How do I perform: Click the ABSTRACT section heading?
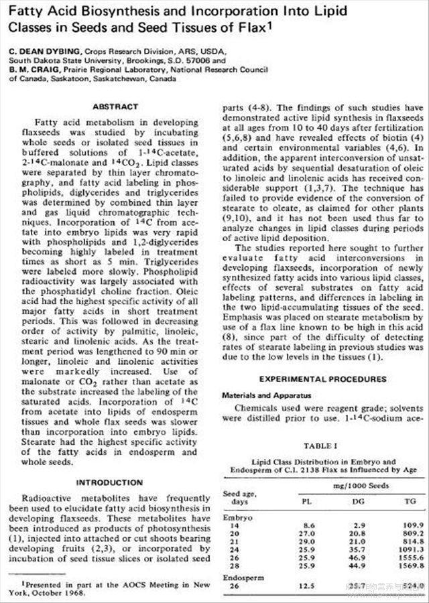click(115, 107)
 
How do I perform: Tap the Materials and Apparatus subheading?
click(263, 396)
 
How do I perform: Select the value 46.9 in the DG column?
click(355, 557)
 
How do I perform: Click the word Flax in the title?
click(245, 31)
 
